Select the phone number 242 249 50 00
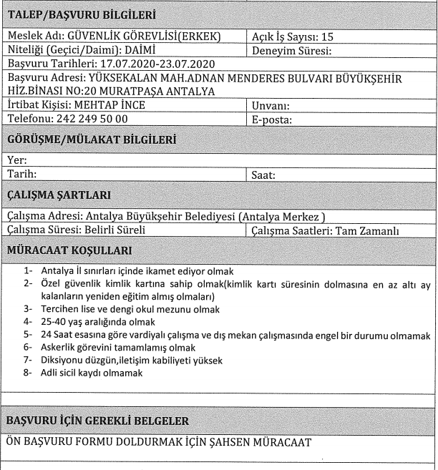[x=92, y=119]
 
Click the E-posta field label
[x=274, y=119]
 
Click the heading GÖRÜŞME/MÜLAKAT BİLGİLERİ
[x=91, y=140]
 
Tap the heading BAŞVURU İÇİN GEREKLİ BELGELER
[x=101, y=420]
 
